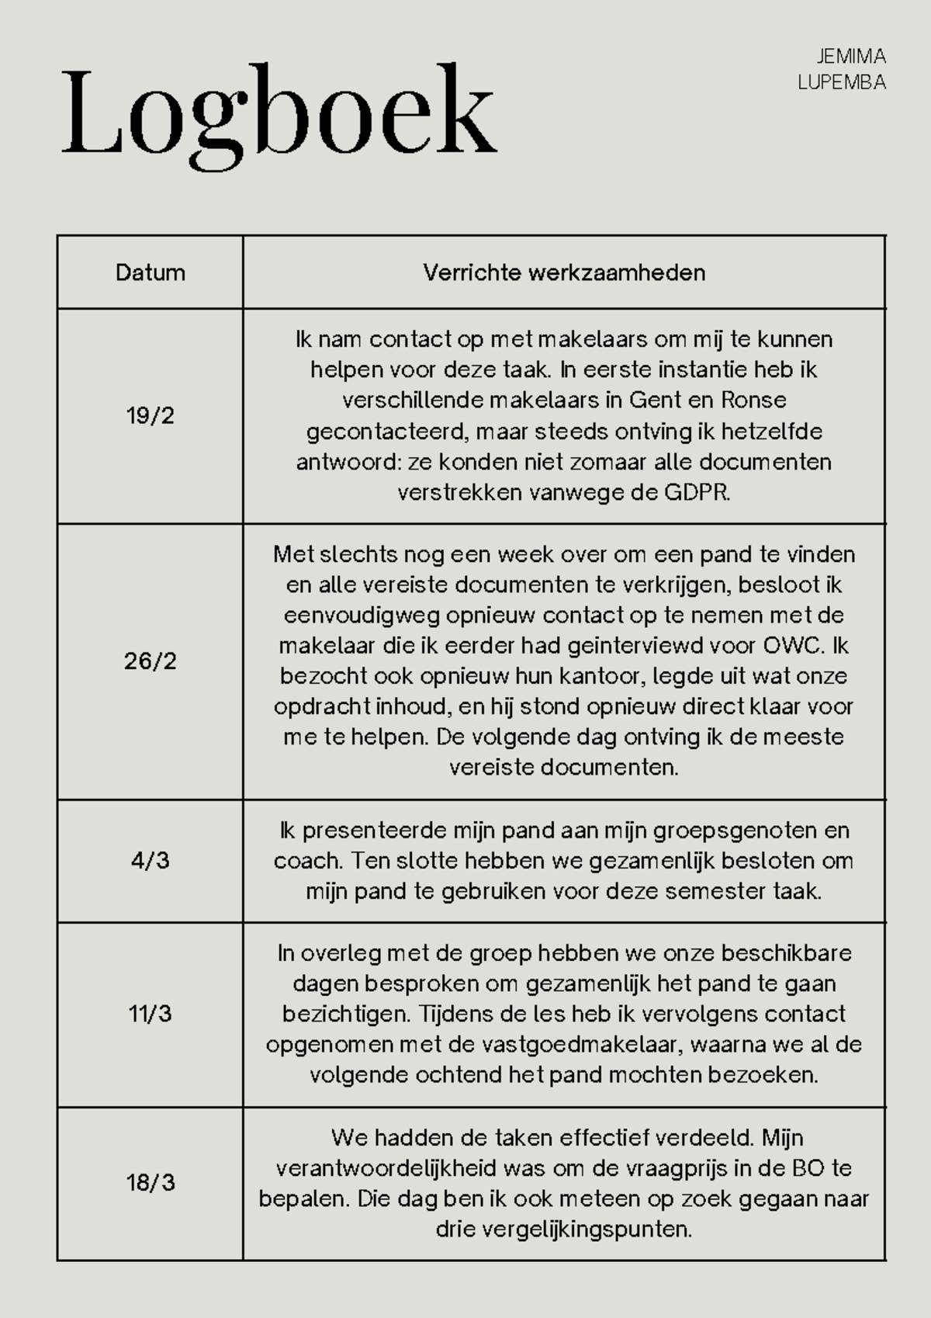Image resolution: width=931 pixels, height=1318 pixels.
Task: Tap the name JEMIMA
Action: click(851, 57)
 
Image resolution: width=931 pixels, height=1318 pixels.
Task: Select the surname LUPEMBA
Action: click(842, 82)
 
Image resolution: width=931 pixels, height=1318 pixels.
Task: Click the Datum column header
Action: click(150, 272)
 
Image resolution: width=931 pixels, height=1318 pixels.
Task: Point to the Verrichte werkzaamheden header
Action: click(564, 272)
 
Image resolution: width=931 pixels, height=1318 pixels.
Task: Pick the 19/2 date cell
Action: click(150, 416)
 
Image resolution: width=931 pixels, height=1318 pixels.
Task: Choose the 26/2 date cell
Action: click(150, 661)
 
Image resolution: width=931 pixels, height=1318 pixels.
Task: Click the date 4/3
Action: click(150, 861)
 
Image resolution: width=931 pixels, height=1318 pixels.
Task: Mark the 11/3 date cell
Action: click(150, 1014)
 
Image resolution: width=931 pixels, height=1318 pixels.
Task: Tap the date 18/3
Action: click(150, 1183)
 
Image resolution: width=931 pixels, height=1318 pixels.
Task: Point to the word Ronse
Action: click(753, 401)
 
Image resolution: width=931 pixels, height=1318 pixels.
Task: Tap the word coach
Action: click(307, 861)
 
